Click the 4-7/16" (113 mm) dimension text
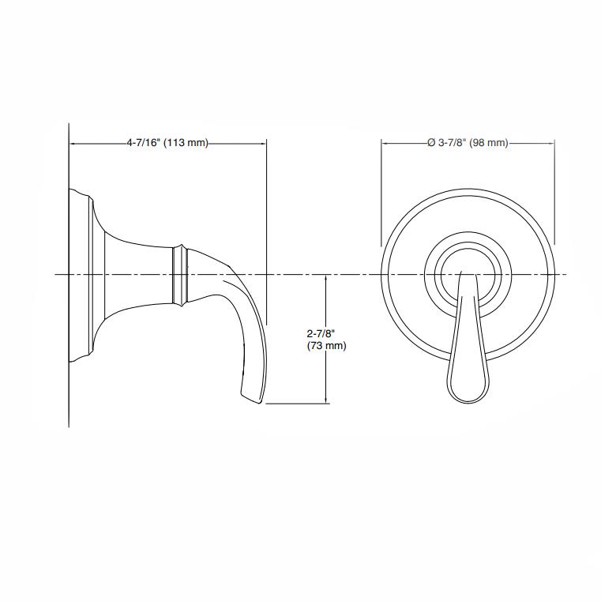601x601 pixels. (x=167, y=144)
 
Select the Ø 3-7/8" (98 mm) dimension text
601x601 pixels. (x=467, y=143)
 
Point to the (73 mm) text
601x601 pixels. (x=325, y=346)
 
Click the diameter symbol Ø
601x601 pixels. (x=430, y=143)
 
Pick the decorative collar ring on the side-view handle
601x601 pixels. (x=181, y=274)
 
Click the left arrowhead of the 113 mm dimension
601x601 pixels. (x=73, y=144)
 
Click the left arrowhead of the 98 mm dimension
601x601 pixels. (x=385, y=143)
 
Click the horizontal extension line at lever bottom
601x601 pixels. (x=296, y=404)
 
